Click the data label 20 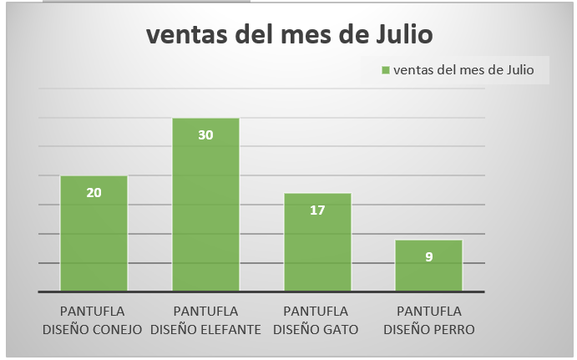(94, 192)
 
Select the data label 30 (205, 134)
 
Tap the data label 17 (317, 210)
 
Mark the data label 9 (428, 256)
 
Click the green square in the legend (386, 70)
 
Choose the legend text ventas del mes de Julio (463, 70)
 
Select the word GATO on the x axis (339, 329)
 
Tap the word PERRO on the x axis (452, 329)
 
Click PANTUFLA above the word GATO (317, 312)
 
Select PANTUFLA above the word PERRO (428, 312)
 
